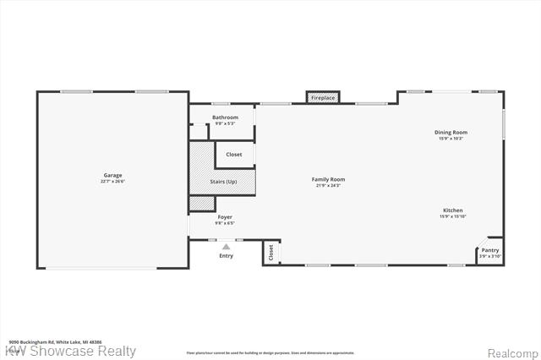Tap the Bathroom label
point(225,117)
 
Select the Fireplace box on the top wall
point(323,99)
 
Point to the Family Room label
point(328,179)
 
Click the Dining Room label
point(451,133)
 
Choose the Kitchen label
point(452,210)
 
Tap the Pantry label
point(490,250)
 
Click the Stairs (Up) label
point(223,182)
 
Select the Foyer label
point(225,217)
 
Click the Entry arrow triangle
point(226,247)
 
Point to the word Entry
point(226,255)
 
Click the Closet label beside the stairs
point(234,155)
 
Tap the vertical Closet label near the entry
point(271,252)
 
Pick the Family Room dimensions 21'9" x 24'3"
point(328,185)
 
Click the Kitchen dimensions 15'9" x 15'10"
point(452,216)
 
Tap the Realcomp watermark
point(511,352)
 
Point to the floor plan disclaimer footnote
point(270,353)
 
